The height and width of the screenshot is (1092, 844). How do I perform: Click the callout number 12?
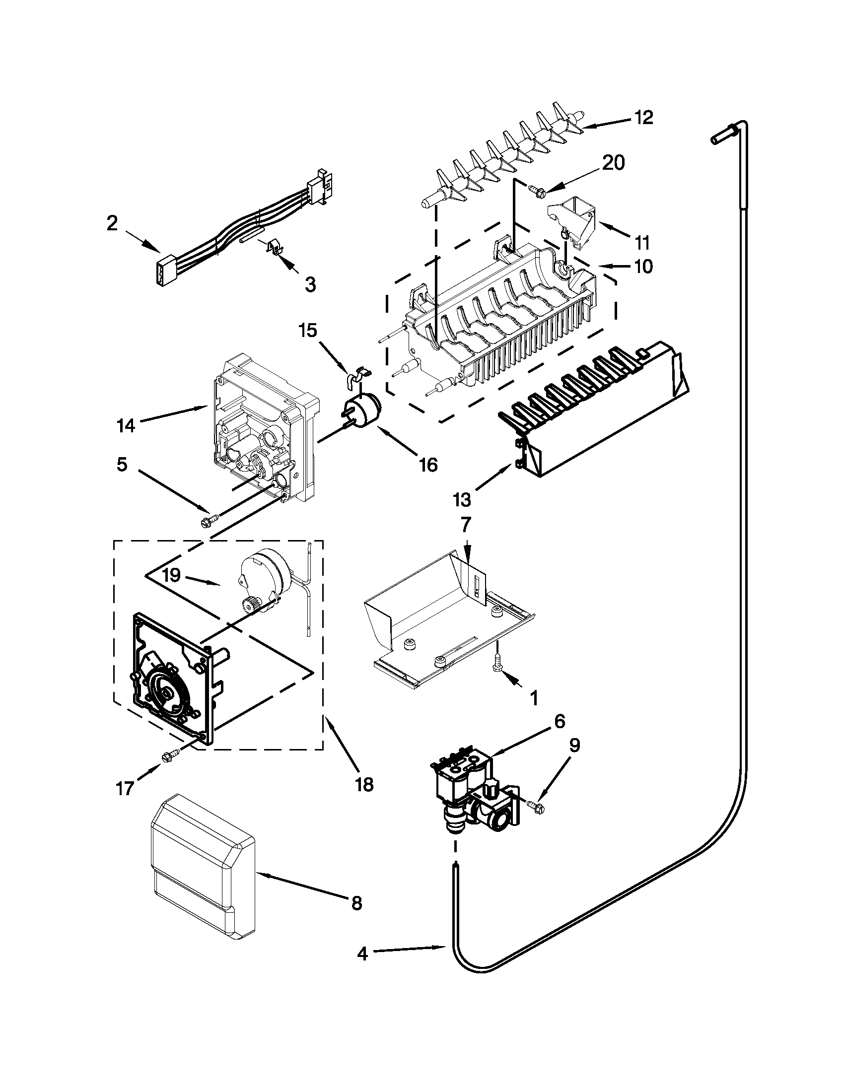click(x=644, y=118)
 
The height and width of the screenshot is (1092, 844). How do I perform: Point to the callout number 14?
click(x=126, y=426)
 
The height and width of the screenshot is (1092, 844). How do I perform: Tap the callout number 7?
click(x=466, y=525)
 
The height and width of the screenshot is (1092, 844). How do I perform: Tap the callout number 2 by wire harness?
click(x=112, y=223)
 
